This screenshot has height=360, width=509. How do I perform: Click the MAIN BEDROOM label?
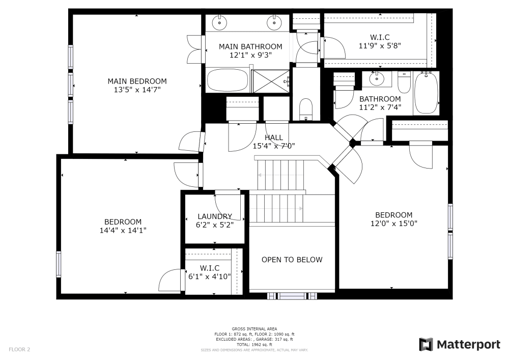[x=137, y=81]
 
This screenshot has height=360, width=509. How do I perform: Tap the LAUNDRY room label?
[x=215, y=216]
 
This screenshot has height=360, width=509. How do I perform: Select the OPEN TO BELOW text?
[x=292, y=260]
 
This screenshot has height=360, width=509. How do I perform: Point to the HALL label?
[x=274, y=137]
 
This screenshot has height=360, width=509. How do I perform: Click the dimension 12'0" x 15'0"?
[x=394, y=224]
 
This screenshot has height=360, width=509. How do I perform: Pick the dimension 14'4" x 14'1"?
[x=123, y=231]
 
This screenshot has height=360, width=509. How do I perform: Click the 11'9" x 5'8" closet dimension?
[x=380, y=46]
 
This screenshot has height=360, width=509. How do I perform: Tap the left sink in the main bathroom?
[x=220, y=22]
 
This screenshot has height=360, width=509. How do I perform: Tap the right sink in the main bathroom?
[x=274, y=22]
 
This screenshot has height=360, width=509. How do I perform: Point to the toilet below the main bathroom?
[x=305, y=109]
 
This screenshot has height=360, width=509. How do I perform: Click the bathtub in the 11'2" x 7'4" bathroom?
[x=426, y=93]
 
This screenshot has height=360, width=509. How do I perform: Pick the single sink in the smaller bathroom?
[x=377, y=78]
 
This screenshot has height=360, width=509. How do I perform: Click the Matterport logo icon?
[x=426, y=344]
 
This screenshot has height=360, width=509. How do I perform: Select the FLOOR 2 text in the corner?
[x=19, y=350]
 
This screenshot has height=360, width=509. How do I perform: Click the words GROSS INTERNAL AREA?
[x=254, y=329]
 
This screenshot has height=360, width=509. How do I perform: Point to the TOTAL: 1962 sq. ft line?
[x=254, y=345]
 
